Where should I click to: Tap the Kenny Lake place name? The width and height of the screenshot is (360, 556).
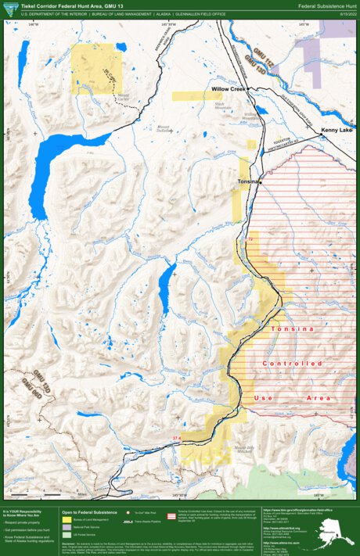point(337,130)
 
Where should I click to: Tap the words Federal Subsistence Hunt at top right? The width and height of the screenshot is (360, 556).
point(326,5)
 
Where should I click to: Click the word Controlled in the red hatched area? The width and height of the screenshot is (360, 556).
point(292,364)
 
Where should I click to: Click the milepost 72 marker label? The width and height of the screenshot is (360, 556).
point(250,238)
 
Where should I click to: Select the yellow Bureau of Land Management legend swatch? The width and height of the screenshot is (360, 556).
point(67,519)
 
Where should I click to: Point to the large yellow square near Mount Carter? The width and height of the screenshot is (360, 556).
point(96,69)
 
